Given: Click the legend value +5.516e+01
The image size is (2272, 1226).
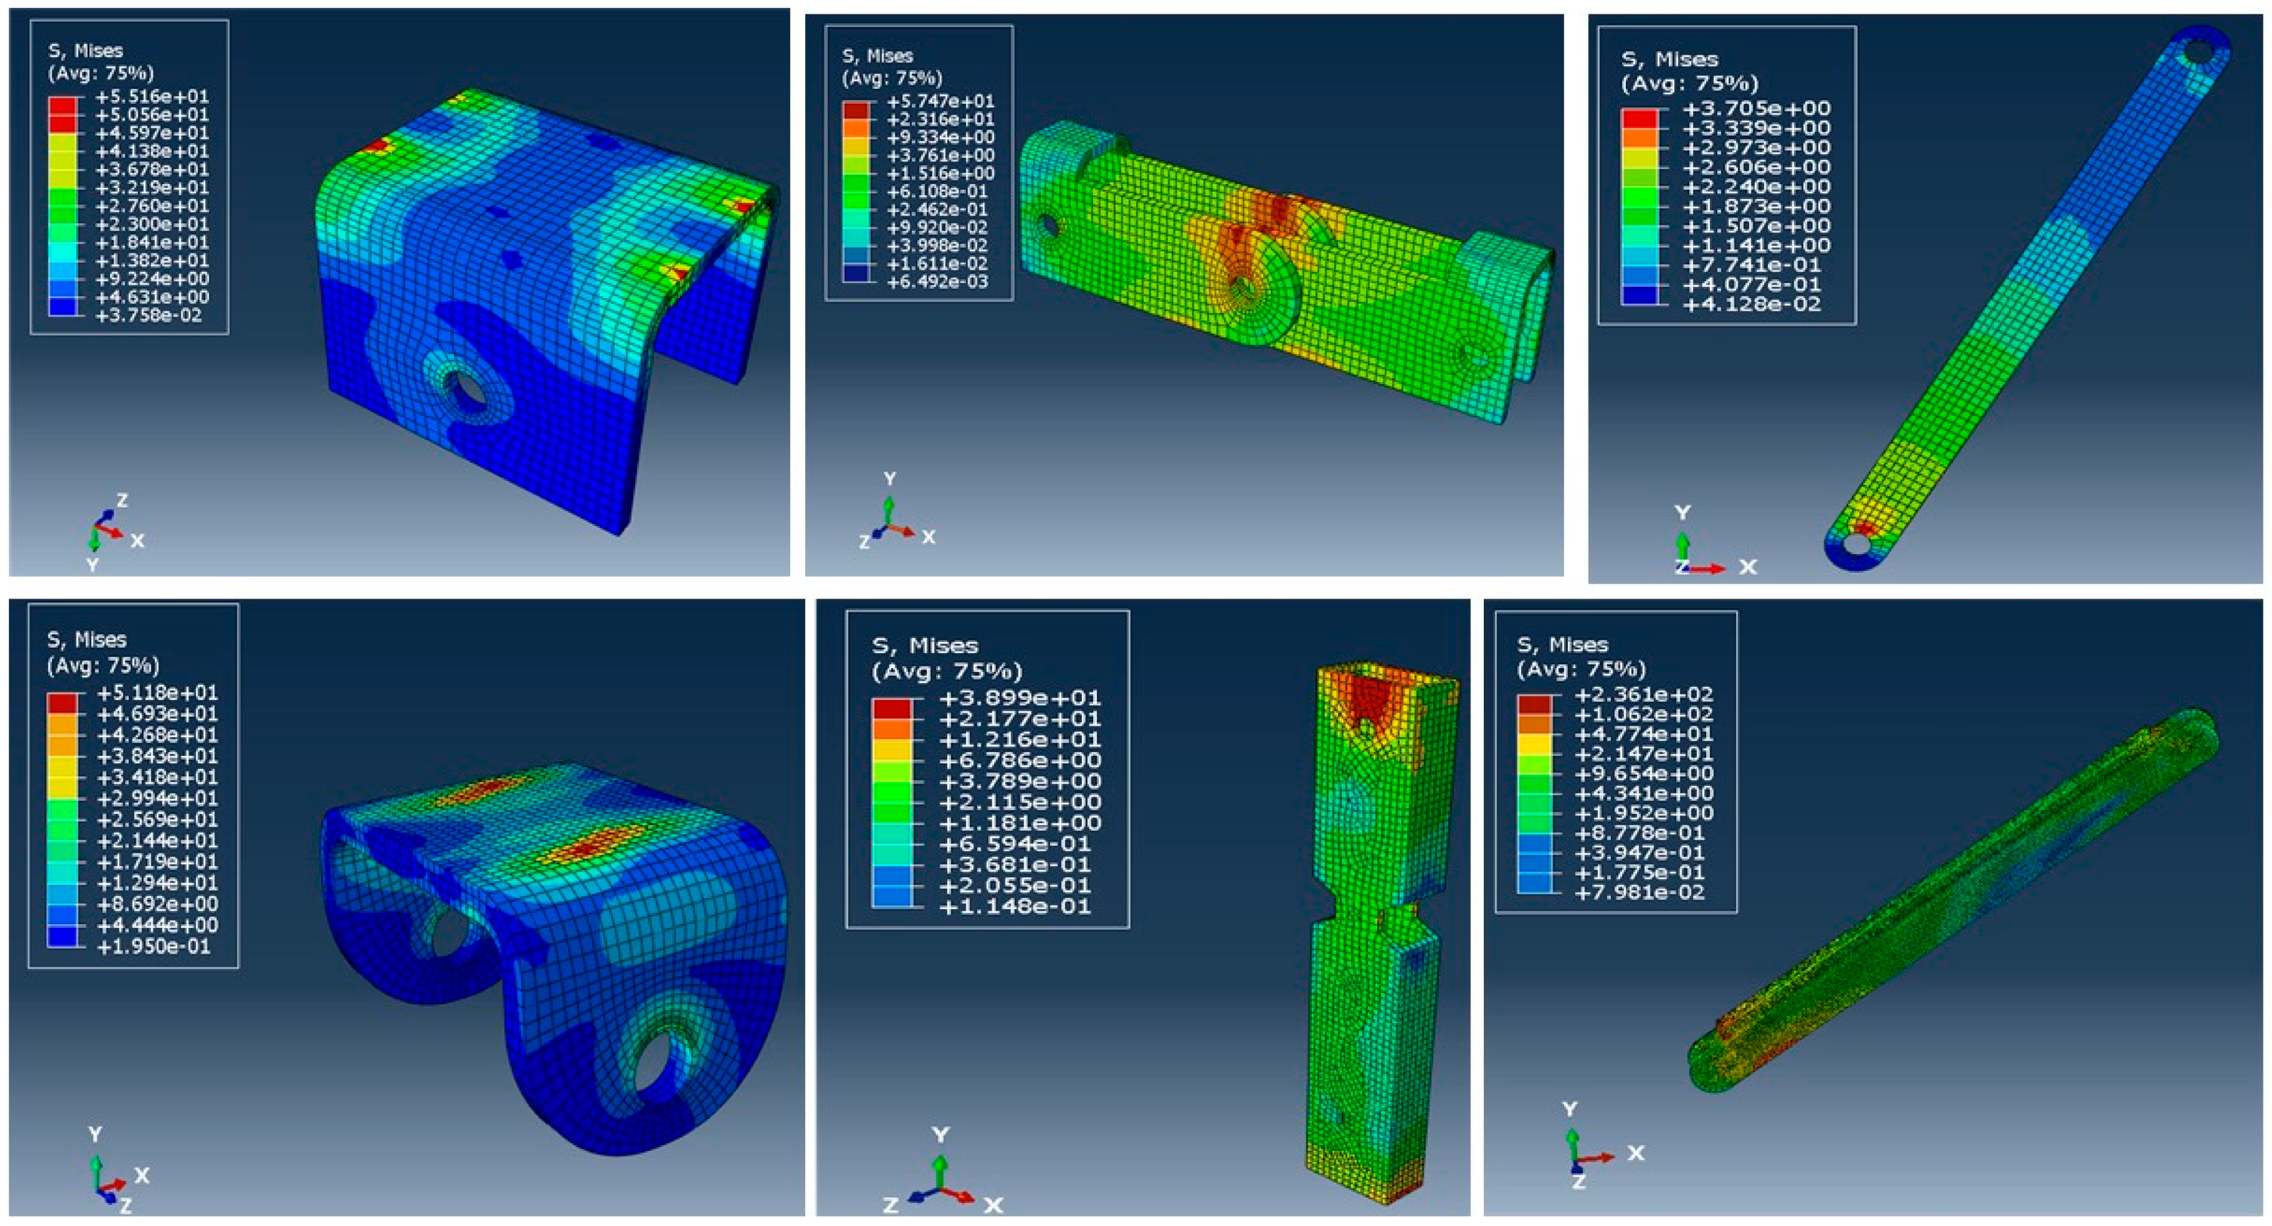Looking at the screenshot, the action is coord(152,96).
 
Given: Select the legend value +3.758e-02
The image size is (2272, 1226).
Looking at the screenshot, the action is coord(152,315).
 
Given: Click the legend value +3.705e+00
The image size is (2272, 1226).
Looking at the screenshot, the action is coord(1757,108).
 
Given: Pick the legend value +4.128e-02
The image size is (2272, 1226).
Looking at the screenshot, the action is coord(1757,304).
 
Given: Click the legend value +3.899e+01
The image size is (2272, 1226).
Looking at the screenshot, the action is coord(1020,698).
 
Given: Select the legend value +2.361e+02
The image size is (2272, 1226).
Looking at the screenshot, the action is coord(1644,694).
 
